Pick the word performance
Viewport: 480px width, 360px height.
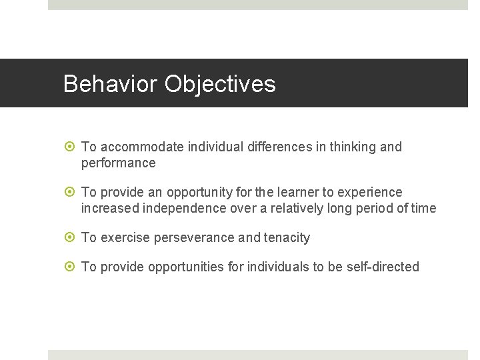tap(118, 163)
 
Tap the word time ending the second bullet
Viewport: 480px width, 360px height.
tap(423, 209)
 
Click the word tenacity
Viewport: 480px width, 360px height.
tap(287, 238)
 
